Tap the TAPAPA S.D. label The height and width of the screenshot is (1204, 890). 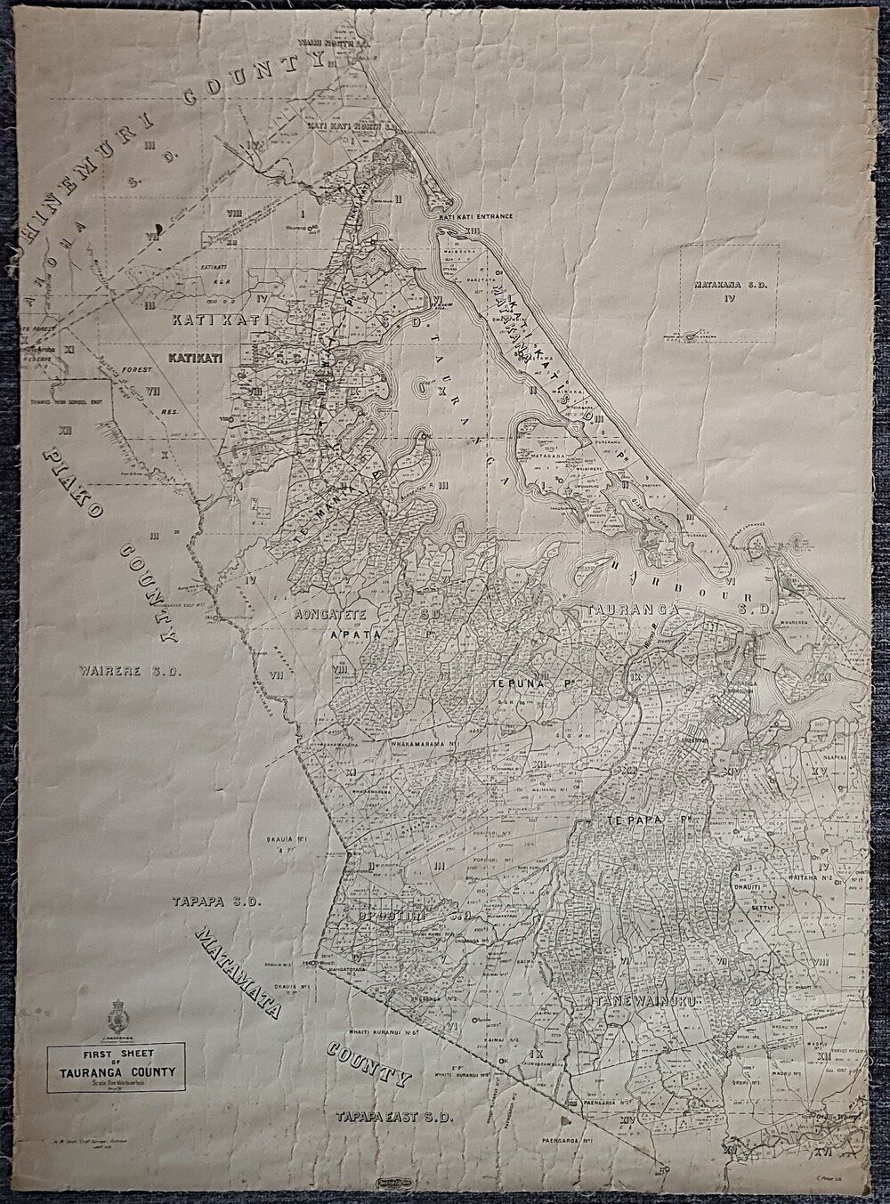click(x=214, y=901)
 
